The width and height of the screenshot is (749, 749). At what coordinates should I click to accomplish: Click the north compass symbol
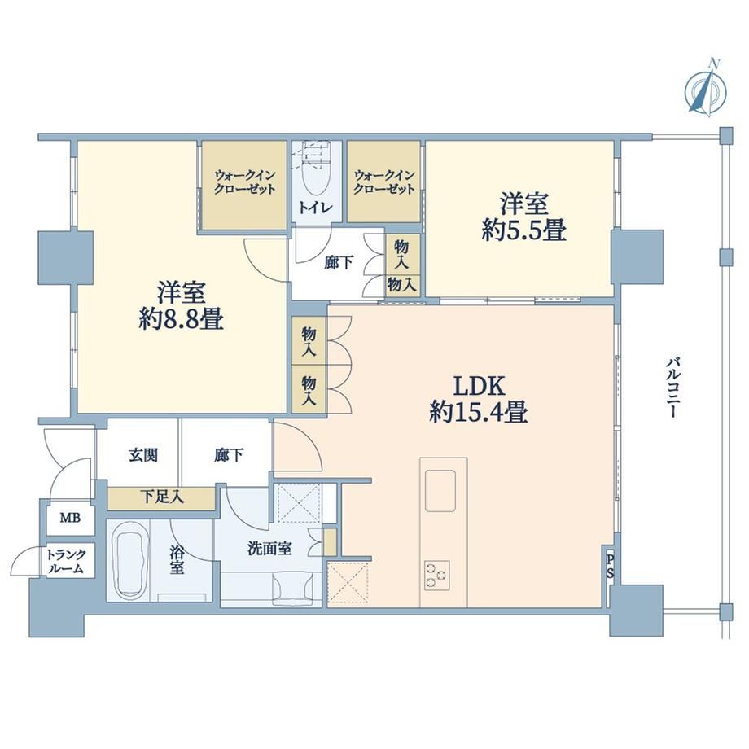pos(706,90)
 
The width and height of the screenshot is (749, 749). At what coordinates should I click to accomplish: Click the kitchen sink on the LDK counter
pos(440,491)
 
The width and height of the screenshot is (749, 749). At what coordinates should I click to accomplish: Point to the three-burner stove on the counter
pos(436,575)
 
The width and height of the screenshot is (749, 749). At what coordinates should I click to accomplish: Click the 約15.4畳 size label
pos(479,412)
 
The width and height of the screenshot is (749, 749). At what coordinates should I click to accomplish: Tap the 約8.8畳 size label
pos(182,318)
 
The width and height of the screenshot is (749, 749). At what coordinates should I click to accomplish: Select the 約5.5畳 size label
pos(524,230)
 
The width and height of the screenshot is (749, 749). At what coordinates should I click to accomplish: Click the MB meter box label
pos(70,517)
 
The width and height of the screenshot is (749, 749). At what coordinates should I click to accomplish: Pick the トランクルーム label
pos(66,561)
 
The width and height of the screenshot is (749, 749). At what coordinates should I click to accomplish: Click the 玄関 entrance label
pos(143,455)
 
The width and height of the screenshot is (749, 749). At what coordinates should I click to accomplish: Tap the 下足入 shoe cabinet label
pos(162,497)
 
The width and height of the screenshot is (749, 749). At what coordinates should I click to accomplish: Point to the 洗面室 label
pos(269,549)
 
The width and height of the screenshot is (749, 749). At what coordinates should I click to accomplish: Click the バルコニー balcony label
pos(672,387)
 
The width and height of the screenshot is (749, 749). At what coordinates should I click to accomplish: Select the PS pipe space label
pos(610,567)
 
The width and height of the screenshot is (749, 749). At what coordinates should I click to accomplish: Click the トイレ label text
pos(315,208)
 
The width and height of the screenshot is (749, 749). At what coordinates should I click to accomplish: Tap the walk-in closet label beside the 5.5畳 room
pos(383,182)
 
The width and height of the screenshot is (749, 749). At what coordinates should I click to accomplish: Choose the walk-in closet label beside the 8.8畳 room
pos(244,182)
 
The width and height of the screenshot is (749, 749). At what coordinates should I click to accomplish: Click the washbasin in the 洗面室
pos(293,588)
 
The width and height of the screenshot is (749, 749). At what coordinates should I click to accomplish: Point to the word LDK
pos(479,386)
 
